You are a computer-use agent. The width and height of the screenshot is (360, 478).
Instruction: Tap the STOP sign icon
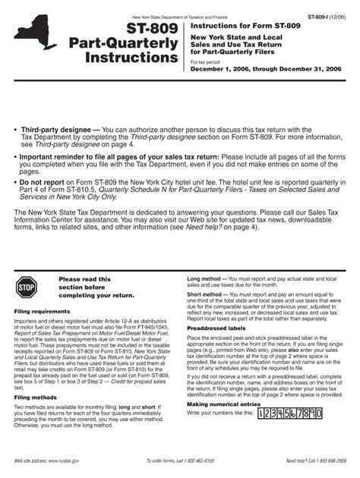coord(27,288)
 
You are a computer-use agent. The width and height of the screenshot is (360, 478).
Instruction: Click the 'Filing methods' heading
coord(36,397)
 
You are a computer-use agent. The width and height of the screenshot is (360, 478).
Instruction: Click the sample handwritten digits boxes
coord(290,414)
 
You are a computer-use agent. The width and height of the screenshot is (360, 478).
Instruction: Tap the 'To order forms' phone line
coord(183,461)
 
